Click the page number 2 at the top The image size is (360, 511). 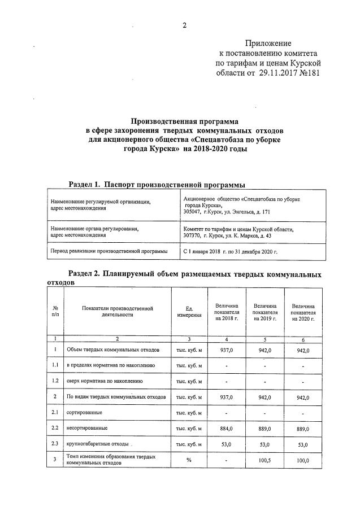pyautogui.click(x=184, y=25)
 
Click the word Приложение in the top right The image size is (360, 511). pyautogui.click(x=268, y=43)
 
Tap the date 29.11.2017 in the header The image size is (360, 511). pyautogui.click(x=276, y=73)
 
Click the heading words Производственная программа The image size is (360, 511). pyautogui.click(x=185, y=121)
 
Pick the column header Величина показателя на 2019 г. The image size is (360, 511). pyautogui.click(x=264, y=312)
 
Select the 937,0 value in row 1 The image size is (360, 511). pyautogui.click(x=226, y=350)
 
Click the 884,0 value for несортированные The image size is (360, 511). pyautogui.click(x=226, y=428)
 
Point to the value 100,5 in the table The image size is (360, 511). pyautogui.click(x=264, y=461)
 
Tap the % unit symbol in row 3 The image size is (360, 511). pyautogui.click(x=189, y=460)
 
